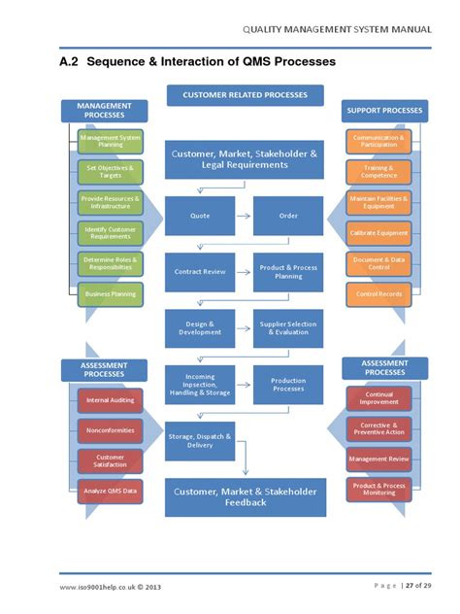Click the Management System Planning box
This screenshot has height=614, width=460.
pyautogui.click(x=110, y=141)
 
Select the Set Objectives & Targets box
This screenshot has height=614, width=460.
pyautogui.click(x=110, y=171)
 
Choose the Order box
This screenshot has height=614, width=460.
pyautogui.click(x=287, y=215)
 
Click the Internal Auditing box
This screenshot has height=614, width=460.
pyautogui.click(x=110, y=400)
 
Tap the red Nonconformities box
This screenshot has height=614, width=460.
pyautogui.click(x=110, y=429)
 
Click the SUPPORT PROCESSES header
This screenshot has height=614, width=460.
pyautogui.click(x=384, y=111)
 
